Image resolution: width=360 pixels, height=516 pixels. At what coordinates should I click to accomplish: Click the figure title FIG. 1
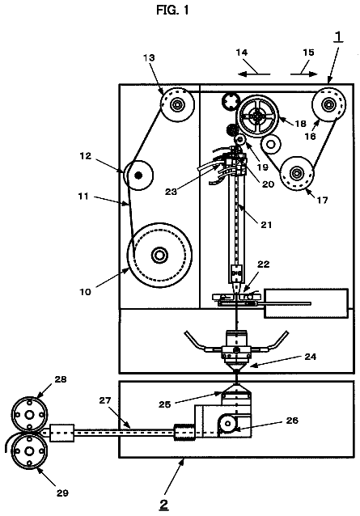click(x=172, y=11)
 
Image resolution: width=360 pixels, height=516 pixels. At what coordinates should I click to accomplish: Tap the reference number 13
click(x=149, y=57)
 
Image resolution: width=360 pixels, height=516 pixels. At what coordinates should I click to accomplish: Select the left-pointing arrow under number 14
click(x=254, y=74)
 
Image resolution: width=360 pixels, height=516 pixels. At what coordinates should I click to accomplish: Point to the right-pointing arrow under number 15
click(x=304, y=74)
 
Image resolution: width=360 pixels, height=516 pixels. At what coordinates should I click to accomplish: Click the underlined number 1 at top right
click(x=338, y=37)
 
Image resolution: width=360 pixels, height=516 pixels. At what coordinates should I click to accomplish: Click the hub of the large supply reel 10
click(x=159, y=255)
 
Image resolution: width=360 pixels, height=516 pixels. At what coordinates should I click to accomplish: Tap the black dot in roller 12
click(x=138, y=175)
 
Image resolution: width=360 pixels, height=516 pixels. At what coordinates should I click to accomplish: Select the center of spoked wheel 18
click(x=257, y=116)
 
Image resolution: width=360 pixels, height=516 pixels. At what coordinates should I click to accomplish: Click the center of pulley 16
click(x=328, y=105)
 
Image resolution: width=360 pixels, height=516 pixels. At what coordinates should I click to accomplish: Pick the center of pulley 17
click(x=297, y=173)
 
